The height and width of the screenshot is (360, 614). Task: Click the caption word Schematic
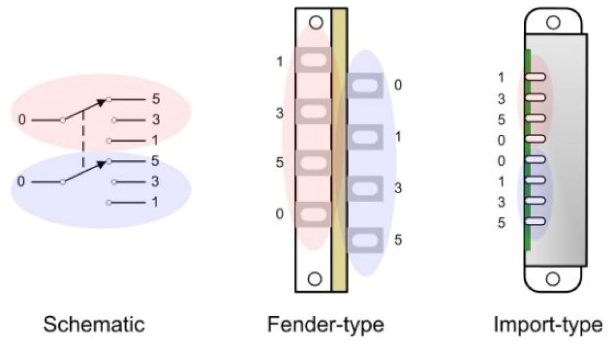(94, 325)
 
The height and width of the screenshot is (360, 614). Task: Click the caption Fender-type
(326, 325)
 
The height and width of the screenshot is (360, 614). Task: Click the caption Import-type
(547, 325)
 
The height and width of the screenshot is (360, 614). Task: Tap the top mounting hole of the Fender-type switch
(316, 23)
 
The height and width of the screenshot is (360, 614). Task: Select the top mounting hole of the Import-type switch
(553, 22)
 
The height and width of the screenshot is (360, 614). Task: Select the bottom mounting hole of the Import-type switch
(553, 279)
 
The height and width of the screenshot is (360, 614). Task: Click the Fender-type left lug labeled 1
(312, 60)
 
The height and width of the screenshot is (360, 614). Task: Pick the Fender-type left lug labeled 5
(312, 163)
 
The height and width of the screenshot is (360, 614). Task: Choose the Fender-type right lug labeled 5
(365, 241)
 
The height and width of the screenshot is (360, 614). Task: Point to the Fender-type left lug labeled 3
(312, 112)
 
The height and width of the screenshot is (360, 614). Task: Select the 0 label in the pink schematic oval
(22, 120)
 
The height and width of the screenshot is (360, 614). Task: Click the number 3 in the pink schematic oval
(156, 120)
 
